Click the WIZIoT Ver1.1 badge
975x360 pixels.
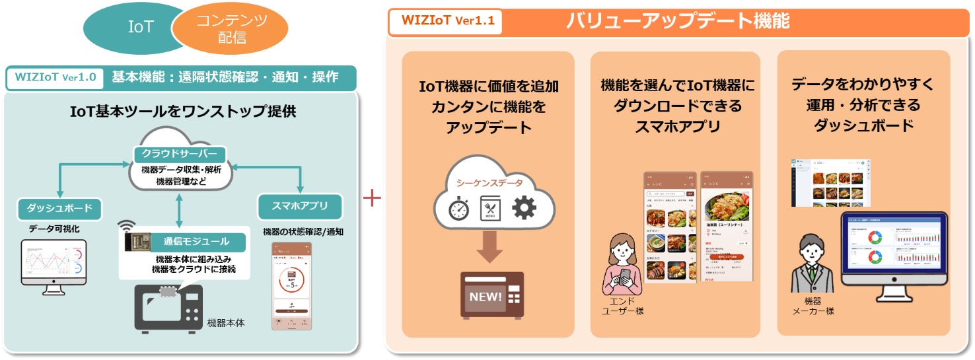pyautogui.click(x=444, y=21)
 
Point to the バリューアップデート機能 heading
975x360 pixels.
pyautogui.click(x=677, y=21)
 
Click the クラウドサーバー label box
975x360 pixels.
pyautogui.click(x=179, y=153)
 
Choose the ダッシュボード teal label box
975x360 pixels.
pyautogui.click(x=59, y=209)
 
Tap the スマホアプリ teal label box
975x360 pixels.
pyautogui.click(x=300, y=205)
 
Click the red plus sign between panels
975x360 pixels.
pyautogui.click(x=373, y=198)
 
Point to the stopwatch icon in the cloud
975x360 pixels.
pyautogui.click(x=458, y=209)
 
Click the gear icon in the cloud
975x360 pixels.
pyautogui.click(x=524, y=207)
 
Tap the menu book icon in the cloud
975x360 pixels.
pyautogui.click(x=491, y=209)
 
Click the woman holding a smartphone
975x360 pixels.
pyautogui.click(x=621, y=264)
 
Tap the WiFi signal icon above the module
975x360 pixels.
pyautogui.click(x=127, y=227)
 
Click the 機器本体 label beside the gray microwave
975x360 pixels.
pyautogui.click(x=226, y=323)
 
